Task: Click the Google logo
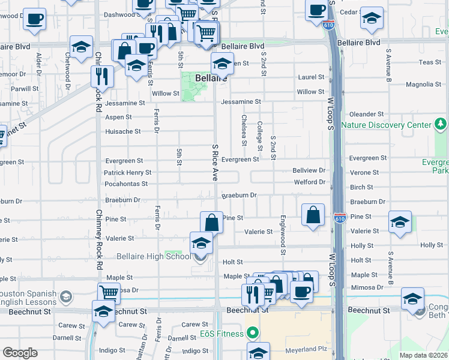[20, 353]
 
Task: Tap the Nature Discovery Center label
[386, 125]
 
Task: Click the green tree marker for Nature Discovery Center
[441, 125]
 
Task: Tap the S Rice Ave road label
[214, 162]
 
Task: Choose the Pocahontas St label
[125, 184]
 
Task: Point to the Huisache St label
[122, 131]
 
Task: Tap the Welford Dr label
[309, 182]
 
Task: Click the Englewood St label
[282, 232]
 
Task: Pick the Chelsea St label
[244, 130]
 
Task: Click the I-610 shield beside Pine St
[339, 218]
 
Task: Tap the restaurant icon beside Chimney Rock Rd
[102, 77]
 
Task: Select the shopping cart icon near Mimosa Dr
[109, 293]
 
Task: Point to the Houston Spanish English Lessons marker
[65, 296]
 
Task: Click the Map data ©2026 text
[424, 355]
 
